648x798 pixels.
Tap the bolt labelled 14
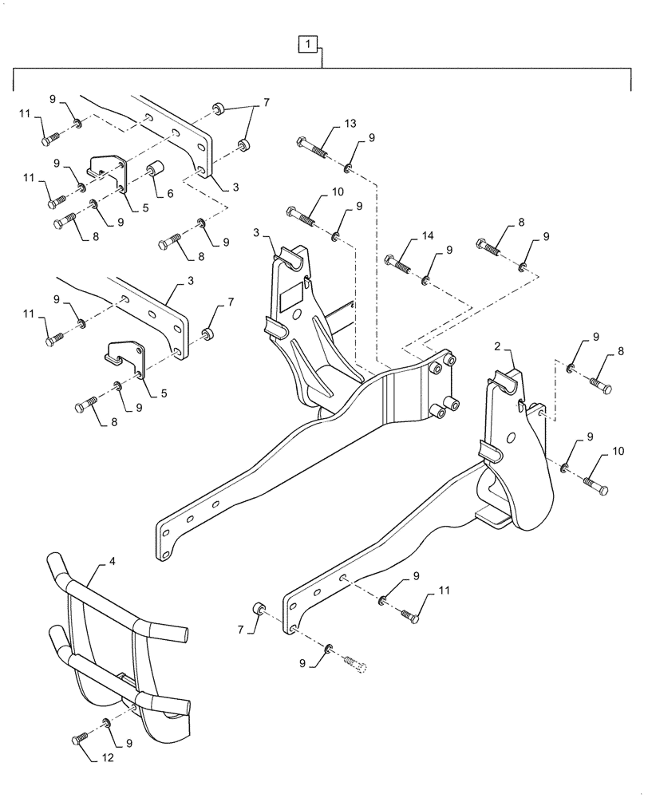tap(400, 263)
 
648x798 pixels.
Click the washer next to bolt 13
tap(350, 167)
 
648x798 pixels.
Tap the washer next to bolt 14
tap(426, 279)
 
